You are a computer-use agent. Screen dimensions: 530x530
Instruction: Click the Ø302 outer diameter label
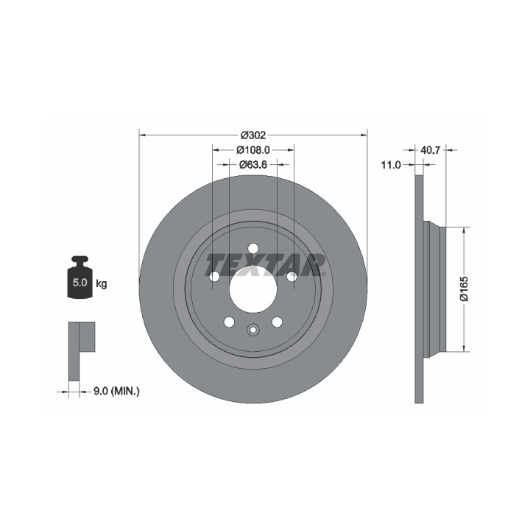tap(253, 135)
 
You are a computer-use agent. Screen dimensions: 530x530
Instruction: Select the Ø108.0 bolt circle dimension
tap(252, 149)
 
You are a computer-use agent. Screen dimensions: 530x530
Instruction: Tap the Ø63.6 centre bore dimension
tap(253, 165)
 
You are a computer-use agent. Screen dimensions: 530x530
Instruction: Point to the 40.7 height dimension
tap(430, 149)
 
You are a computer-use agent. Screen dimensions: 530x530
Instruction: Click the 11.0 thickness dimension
tap(391, 165)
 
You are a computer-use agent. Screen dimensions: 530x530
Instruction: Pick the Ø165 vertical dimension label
tap(464, 289)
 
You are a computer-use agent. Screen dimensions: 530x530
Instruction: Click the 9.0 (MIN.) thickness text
tap(116, 392)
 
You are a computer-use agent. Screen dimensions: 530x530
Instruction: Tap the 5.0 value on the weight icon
tap(79, 283)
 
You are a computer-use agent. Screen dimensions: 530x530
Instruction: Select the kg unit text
tap(102, 283)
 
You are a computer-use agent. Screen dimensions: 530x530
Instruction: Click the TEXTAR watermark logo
tap(266, 265)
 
